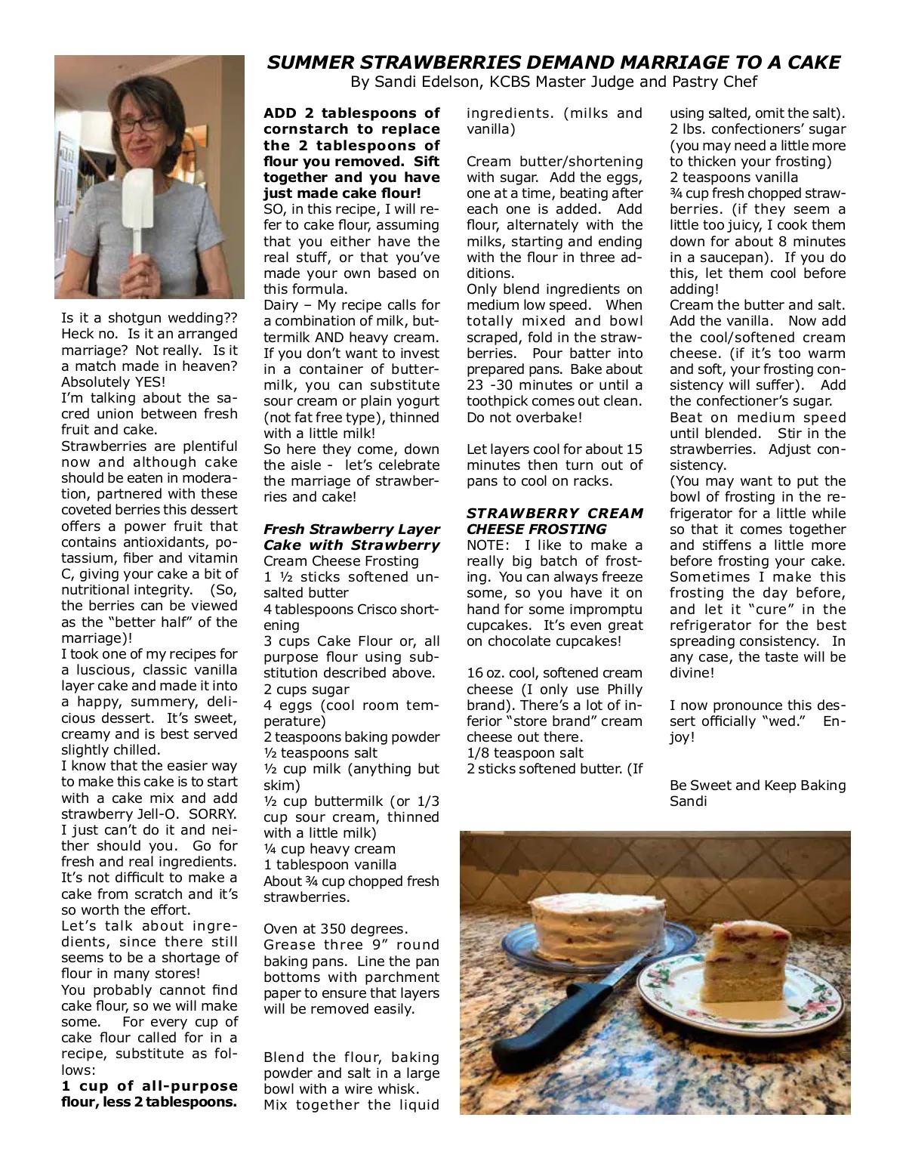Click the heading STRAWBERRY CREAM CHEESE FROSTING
tap(555, 521)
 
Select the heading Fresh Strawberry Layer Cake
tap(351, 537)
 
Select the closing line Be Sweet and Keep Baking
tap(757, 786)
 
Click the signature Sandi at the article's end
tap(688, 801)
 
